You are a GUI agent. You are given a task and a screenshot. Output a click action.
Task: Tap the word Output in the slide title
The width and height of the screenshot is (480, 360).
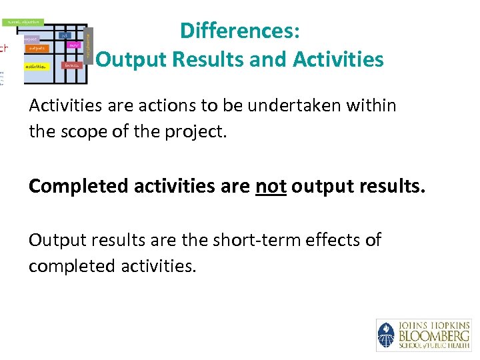(x=131, y=60)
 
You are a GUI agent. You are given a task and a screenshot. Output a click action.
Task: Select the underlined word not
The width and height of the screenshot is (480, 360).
(x=271, y=186)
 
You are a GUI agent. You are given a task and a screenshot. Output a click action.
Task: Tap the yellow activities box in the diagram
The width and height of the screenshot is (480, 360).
(x=36, y=67)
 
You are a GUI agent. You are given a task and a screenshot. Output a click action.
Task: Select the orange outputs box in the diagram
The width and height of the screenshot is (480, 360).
(x=37, y=48)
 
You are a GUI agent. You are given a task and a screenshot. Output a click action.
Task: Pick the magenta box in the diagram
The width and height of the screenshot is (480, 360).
(x=74, y=46)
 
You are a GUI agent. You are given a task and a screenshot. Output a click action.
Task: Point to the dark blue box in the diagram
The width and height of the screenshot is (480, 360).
(x=65, y=35)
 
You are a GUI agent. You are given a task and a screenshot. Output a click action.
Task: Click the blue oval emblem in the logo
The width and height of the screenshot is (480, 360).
(x=386, y=335)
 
